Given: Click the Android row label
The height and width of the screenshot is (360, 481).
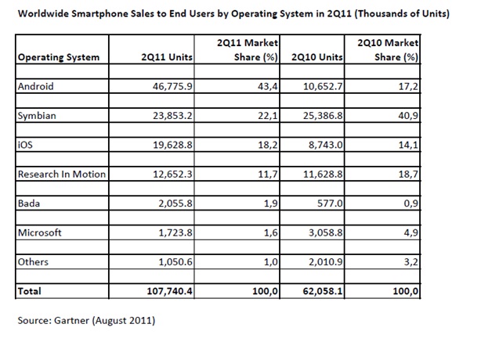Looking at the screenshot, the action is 35,86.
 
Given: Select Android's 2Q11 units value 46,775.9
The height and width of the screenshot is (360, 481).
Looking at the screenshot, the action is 172,87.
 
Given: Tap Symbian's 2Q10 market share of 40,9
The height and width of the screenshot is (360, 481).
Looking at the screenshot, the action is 408,116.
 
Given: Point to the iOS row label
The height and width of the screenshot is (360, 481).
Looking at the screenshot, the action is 25,145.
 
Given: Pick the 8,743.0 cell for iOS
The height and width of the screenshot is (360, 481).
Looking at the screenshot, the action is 325,145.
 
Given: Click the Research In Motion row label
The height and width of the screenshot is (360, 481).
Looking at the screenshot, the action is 62,174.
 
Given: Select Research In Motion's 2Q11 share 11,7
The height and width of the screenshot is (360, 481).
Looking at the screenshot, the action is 268,175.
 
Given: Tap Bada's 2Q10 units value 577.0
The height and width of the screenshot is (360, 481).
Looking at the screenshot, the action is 330,203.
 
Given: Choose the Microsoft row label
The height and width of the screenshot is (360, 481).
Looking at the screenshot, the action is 40,232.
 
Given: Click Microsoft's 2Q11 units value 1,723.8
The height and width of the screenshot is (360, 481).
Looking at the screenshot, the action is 175,233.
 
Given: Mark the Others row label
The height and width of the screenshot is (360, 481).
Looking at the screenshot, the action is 33,262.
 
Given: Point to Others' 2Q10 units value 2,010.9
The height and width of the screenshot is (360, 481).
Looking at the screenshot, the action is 325,262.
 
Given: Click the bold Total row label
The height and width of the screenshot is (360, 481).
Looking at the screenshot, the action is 30,291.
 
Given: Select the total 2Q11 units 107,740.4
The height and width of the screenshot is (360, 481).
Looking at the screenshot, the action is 170,291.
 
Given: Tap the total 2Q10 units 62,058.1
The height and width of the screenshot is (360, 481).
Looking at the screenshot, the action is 323,291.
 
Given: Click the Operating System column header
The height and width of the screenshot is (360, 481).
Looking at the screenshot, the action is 59,58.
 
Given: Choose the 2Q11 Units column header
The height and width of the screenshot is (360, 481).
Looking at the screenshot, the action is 167,57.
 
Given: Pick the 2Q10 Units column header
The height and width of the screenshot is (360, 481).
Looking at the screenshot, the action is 317,57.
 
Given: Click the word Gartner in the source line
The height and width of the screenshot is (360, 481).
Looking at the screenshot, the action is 72,320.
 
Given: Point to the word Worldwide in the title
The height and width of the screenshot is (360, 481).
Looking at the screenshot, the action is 43,14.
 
